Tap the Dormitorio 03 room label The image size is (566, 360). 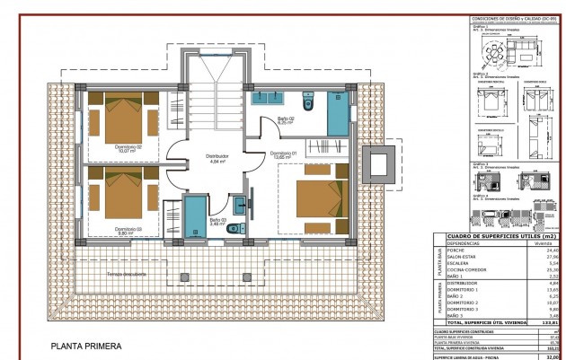coord(128,230)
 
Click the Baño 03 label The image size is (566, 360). coord(217,221)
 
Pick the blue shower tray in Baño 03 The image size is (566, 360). coord(195,217)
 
